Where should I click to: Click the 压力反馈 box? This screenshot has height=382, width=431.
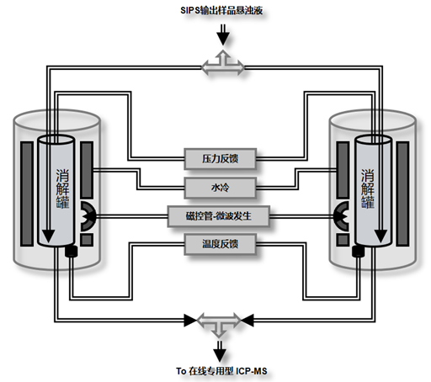point(220,159)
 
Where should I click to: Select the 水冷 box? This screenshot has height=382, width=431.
point(220,188)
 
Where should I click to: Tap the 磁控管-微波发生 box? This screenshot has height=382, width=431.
point(219,216)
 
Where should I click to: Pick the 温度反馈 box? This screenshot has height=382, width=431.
point(220,244)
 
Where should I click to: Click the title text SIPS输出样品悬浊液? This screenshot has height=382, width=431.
point(221,11)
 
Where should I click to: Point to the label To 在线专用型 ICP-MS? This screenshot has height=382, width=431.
point(221,371)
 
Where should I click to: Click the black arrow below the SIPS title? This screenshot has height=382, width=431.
point(223,34)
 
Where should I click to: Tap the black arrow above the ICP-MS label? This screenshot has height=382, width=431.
point(220,351)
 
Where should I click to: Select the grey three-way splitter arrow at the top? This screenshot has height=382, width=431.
point(223,64)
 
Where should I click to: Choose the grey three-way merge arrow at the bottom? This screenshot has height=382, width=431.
point(219,321)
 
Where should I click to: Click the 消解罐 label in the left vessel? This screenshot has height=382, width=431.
point(62,188)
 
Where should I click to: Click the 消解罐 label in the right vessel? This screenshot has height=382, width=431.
point(368,188)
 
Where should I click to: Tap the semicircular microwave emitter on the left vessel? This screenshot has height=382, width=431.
point(87,216)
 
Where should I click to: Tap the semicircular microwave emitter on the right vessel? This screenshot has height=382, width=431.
point(343,216)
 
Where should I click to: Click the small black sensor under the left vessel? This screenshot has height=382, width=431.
point(71,252)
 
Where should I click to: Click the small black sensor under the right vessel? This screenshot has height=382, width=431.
point(359,252)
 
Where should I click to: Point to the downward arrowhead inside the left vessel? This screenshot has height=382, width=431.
point(49,236)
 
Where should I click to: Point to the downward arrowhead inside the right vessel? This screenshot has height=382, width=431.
point(380,236)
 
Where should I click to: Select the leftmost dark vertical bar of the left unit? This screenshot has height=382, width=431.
point(27,194)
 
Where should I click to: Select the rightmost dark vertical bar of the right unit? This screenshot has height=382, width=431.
point(402,194)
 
